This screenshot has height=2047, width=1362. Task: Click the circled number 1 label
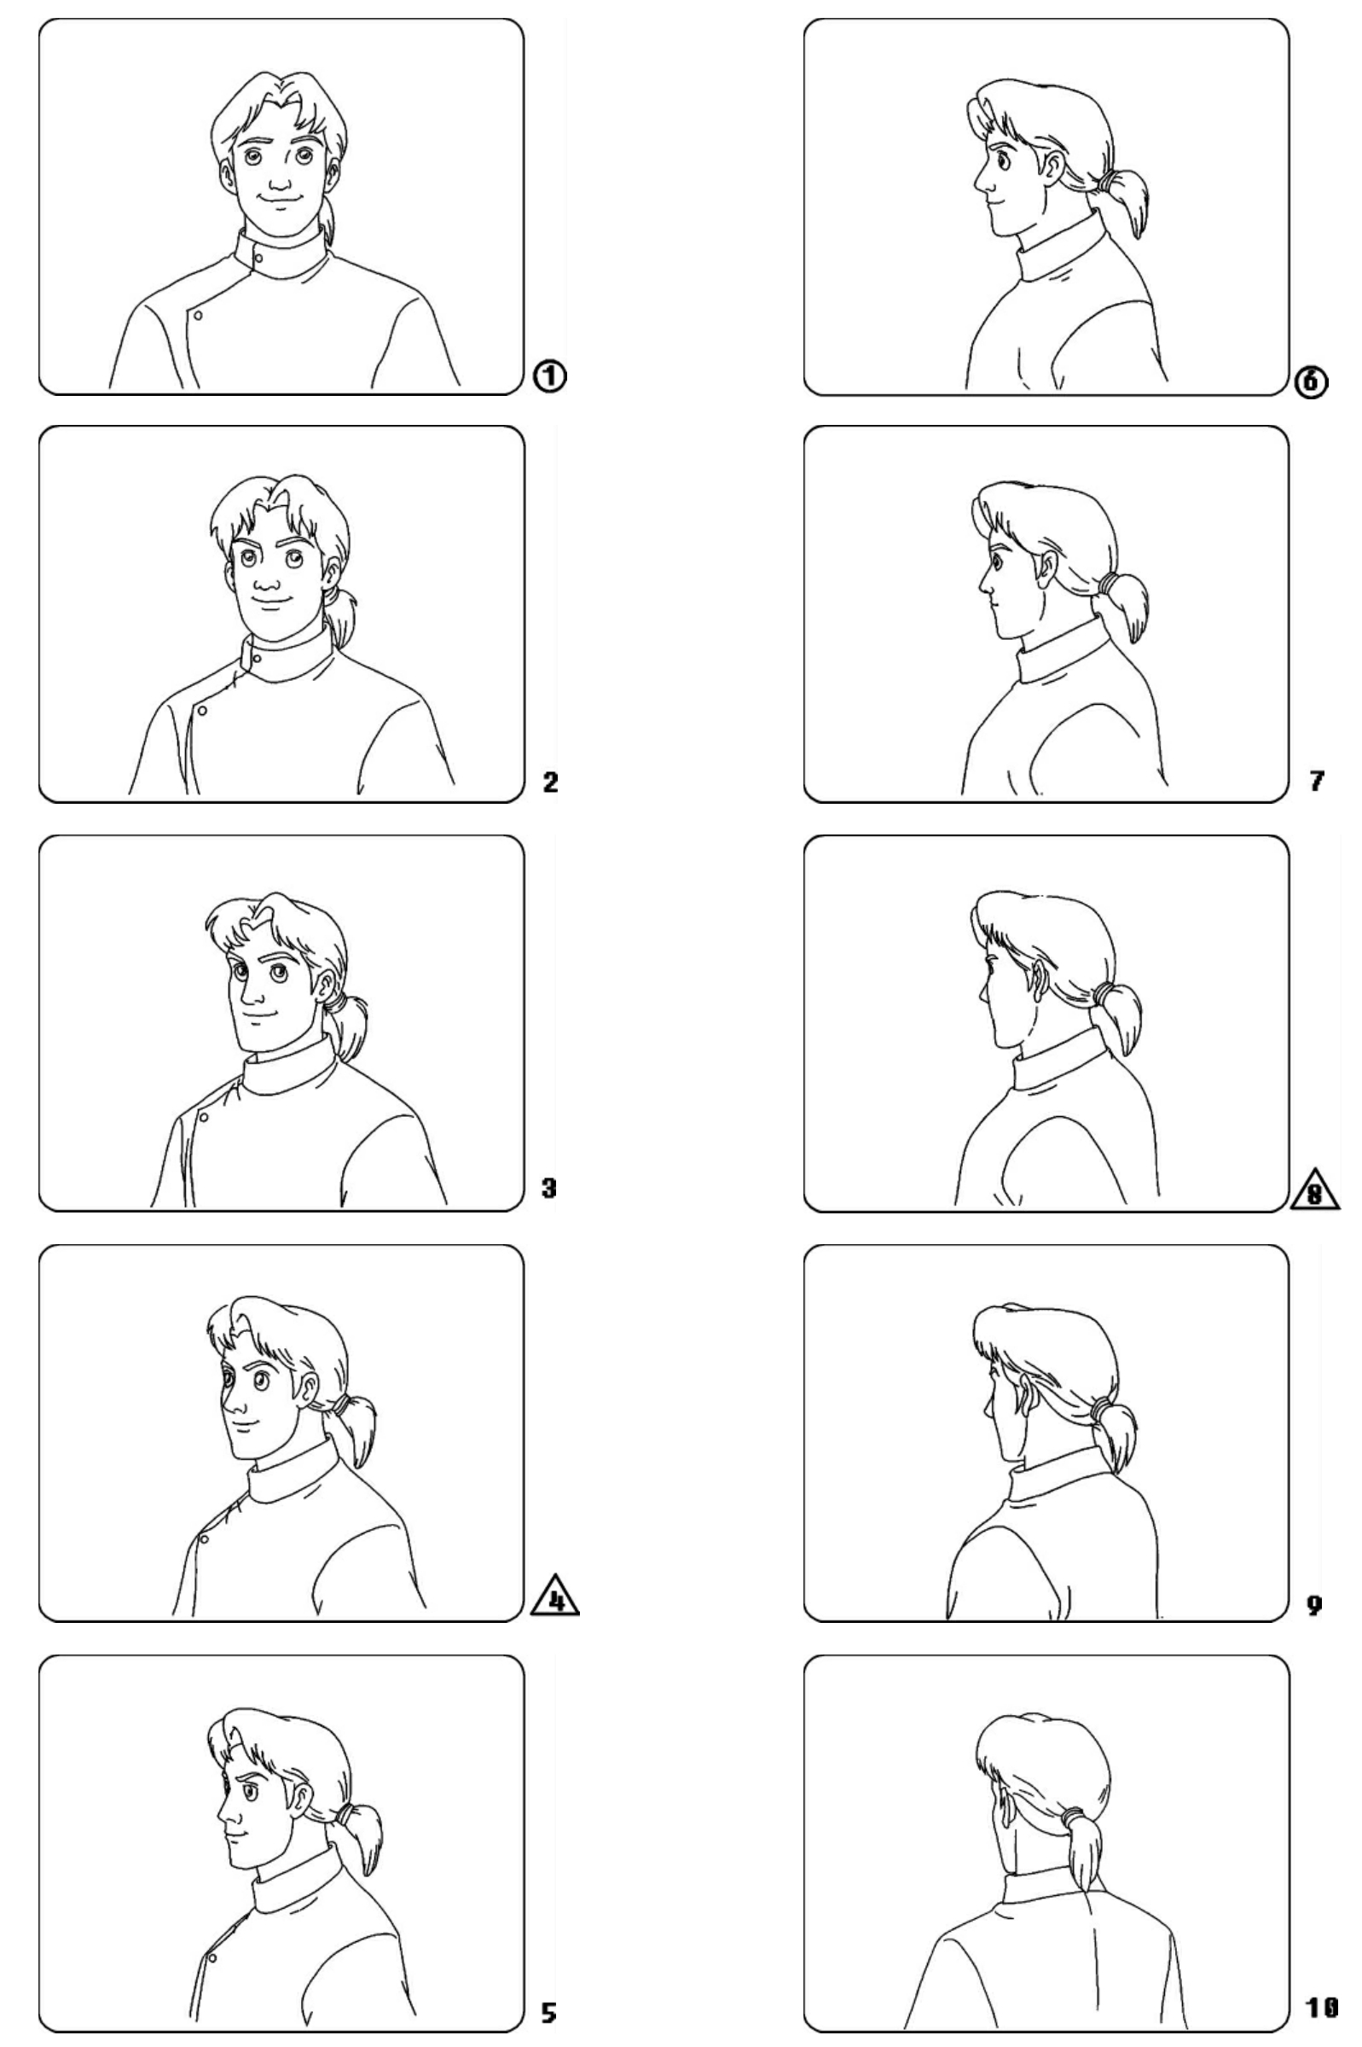550,375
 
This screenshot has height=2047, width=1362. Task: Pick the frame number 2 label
550,782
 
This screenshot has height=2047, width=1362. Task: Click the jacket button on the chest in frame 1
198,316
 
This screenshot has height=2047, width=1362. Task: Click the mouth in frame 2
271,599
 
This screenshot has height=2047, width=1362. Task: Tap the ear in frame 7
1048,568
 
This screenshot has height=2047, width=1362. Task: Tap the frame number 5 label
549,2006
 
